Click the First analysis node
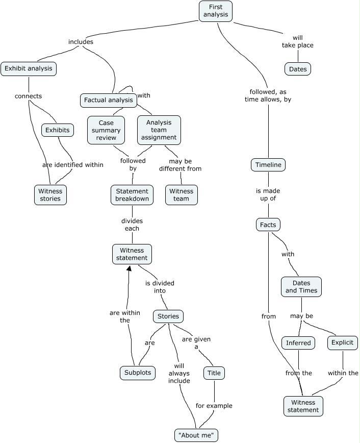(x=216, y=11)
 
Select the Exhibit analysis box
(x=28, y=68)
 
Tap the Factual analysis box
(x=109, y=100)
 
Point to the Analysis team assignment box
(x=159, y=130)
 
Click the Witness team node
(x=181, y=195)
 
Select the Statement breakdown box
(x=132, y=195)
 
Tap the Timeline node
(x=268, y=165)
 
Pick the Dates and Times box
(x=301, y=287)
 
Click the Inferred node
(x=298, y=343)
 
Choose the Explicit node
(x=343, y=342)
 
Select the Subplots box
(x=138, y=373)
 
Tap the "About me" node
(x=196, y=435)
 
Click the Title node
(x=214, y=373)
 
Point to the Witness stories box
(x=50, y=195)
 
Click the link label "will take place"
(x=298, y=41)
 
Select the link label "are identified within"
(x=73, y=165)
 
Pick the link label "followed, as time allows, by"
(x=268, y=96)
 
